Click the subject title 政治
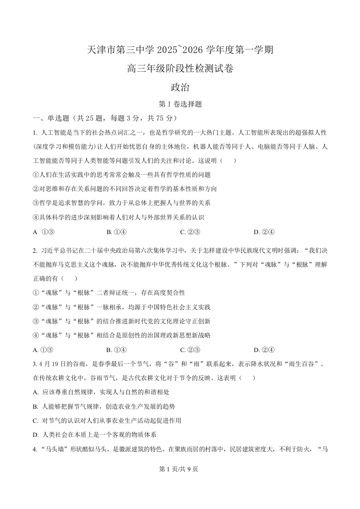180,88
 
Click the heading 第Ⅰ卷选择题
180,104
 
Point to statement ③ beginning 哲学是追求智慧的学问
122,203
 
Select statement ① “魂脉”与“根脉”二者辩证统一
109,293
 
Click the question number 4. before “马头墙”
35,450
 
